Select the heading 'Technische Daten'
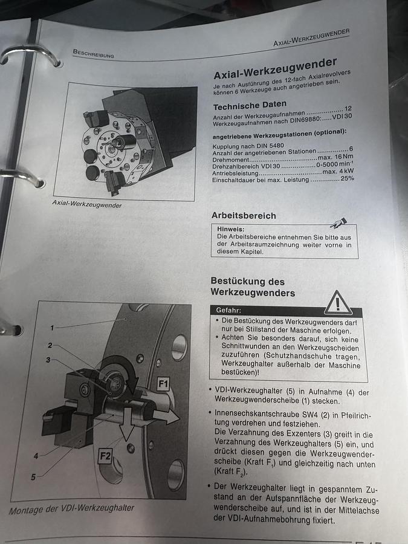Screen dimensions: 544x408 [x=250, y=106]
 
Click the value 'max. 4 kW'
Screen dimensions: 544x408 [x=337, y=172]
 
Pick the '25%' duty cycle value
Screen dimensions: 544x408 [x=347, y=180]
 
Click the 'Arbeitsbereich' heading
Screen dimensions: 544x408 [x=244, y=216]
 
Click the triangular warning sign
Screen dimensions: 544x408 [x=337, y=302]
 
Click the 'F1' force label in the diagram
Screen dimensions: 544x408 [x=164, y=383]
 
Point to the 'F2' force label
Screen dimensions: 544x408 [x=105, y=456]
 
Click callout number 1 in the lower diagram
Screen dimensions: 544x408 [x=52, y=328]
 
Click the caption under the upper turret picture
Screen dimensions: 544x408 [x=87, y=205]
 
